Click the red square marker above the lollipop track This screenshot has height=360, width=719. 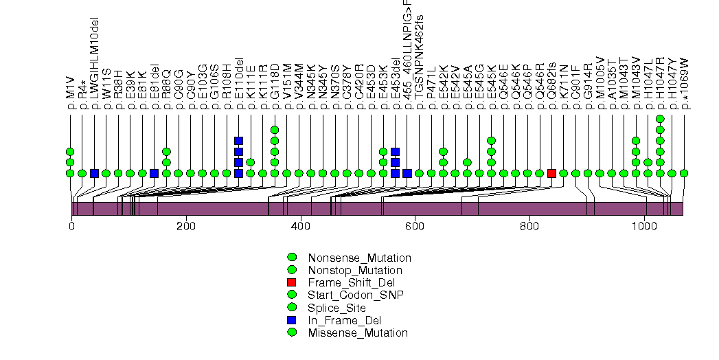[x=551, y=173]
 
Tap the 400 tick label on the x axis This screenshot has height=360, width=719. [x=300, y=225]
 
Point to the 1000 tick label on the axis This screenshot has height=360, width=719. [x=644, y=225]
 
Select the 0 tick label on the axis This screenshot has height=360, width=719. [x=71, y=225]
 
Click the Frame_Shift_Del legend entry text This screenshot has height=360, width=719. [x=352, y=283]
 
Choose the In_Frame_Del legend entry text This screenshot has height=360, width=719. [x=345, y=320]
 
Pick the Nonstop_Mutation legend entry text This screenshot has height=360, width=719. [x=356, y=271]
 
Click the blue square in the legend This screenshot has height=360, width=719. [x=292, y=320]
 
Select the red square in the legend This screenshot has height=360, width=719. [x=292, y=283]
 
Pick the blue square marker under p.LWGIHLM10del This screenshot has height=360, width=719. [x=94, y=173]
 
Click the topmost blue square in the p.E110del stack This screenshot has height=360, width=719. [x=238, y=141]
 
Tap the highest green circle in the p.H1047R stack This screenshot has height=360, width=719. [x=660, y=119]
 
